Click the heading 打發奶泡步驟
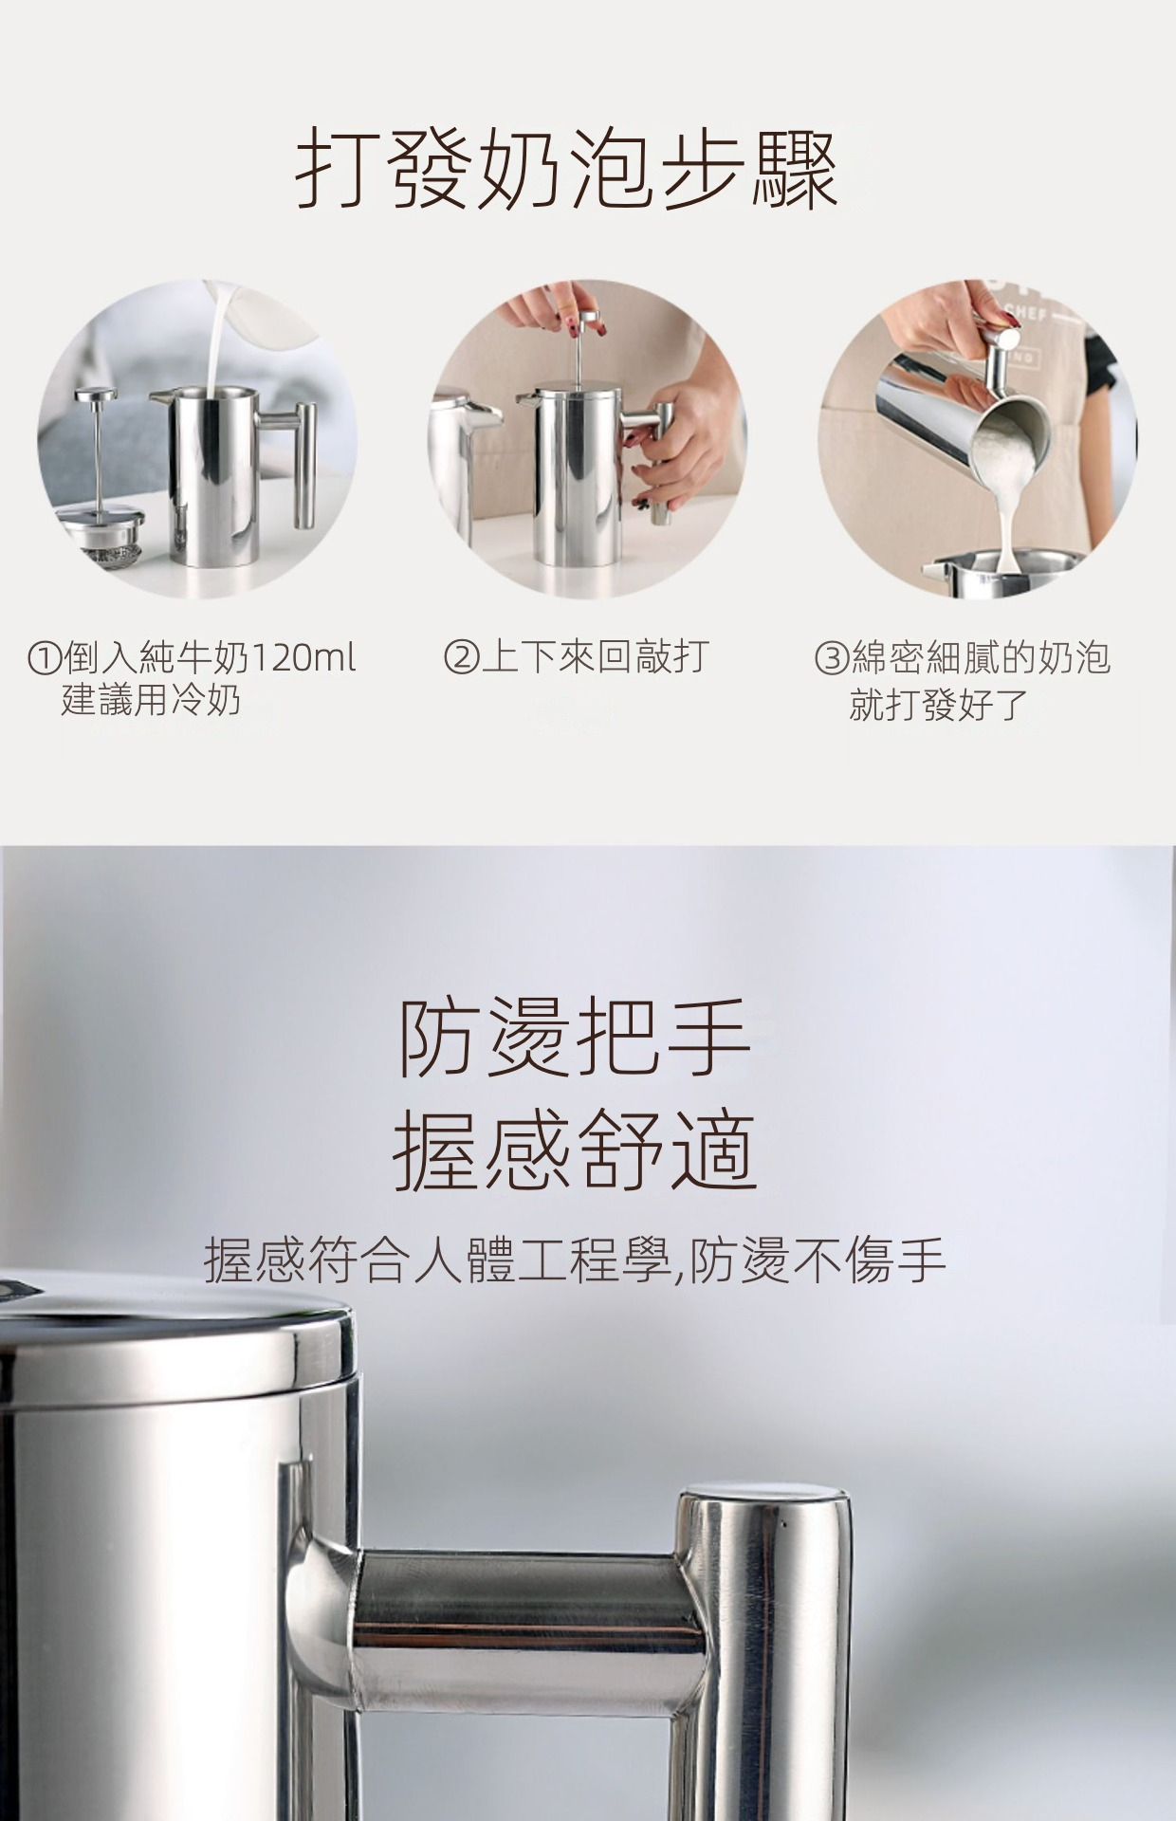tap(567, 172)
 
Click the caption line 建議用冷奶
tap(151, 700)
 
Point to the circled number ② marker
tap(460, 657)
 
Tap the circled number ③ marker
tap(831, 657)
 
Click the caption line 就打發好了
tap(938, 704)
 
